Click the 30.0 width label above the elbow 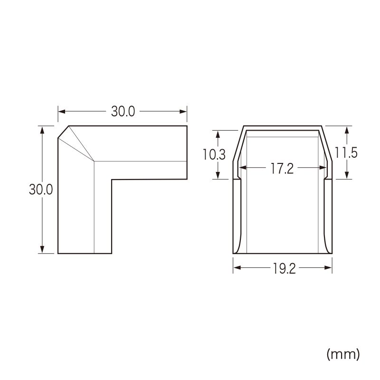tap(123, 112)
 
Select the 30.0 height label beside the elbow tap(41, 189)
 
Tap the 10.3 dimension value tap(214, 154)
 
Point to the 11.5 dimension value tap(346, 152)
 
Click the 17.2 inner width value tap(282, 169)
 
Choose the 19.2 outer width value tap(284, 268)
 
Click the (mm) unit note tap(343, 354)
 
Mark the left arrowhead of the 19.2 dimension tap(237, 267)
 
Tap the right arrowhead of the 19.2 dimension tap(328, 267)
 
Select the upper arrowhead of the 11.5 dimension tap(347, 130)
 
